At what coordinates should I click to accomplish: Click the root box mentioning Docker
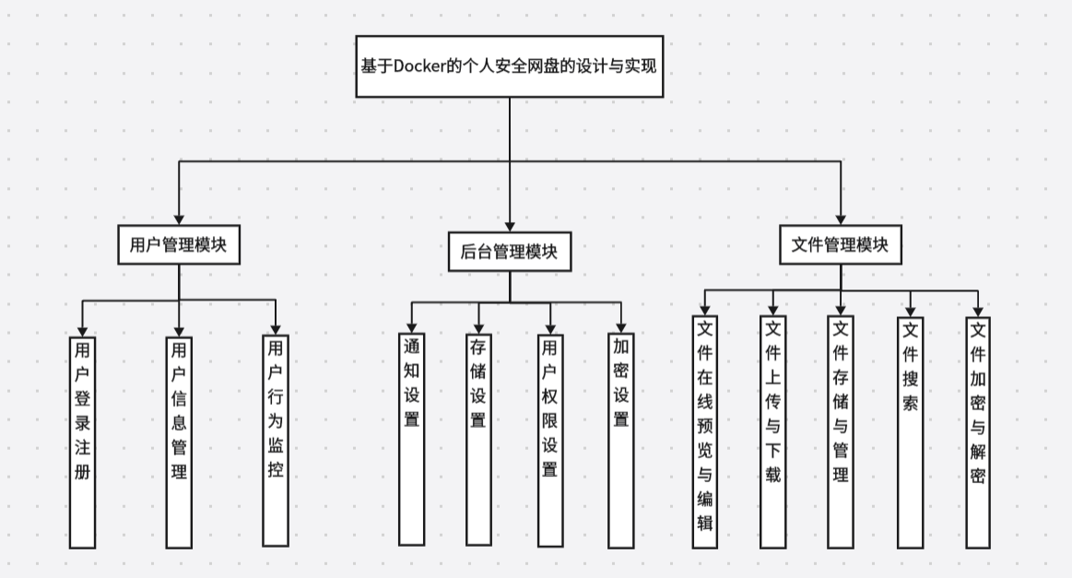tap(510, 66)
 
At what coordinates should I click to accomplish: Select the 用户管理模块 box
tap(179, 245)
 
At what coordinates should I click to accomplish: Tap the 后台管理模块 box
tap(509, 252)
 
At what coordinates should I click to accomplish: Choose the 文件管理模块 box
tap(840, 245)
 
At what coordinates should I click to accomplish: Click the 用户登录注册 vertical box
tap(83, 442)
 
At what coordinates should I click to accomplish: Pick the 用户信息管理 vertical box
tap(179, 442)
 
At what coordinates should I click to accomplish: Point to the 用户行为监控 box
tap(275, 440)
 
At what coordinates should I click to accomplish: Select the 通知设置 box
tap(411, 438)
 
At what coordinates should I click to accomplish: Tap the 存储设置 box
tap(478, 438)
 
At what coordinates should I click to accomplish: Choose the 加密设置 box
tap(621, 440)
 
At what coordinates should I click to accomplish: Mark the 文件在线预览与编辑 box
tap(705, 432)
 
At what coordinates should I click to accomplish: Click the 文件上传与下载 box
tap(772, 432)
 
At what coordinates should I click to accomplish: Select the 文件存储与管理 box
tap(840, 432)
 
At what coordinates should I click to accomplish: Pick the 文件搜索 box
tap(910, 432)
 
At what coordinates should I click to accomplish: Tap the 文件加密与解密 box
tap(978, 432)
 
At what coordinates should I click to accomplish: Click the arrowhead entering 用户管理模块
tap(179, 218)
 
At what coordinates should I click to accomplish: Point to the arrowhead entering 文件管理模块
tap(840, 218)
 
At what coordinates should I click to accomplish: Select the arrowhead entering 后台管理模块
tap(510, 224)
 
